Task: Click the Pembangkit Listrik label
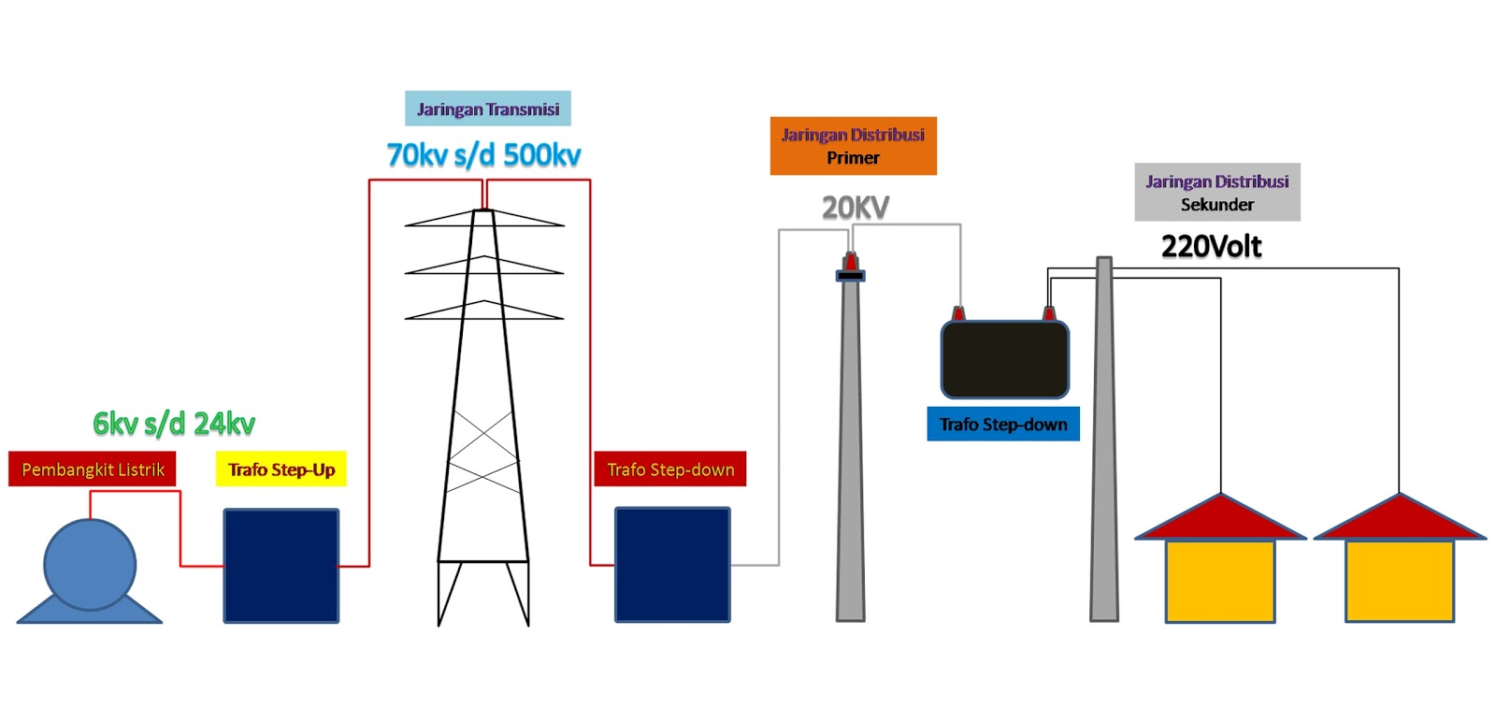point(93,469)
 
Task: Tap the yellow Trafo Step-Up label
point(281,469)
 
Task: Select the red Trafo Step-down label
point(670,469)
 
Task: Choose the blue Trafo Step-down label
point(1003,425)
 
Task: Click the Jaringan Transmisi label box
point(488,109)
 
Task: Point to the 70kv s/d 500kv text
point(483,155)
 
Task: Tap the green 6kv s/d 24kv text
point(174,424)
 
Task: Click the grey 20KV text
point(856,208)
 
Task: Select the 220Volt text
point(1211,247)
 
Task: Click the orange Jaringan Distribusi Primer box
point(853,146)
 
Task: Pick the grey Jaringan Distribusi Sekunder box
point(1217,193)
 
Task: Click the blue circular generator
point(90,565)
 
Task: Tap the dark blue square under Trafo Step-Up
point(281,566)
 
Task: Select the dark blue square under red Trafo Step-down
point(672,565)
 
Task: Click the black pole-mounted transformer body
point(1005,360)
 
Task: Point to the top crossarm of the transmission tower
point(484,219)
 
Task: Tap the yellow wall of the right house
point(1400,581)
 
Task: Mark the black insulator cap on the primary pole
point(850,275)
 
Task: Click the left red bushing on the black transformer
point(958,313)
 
